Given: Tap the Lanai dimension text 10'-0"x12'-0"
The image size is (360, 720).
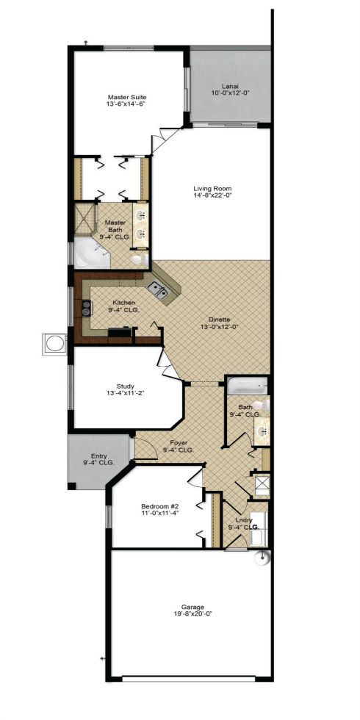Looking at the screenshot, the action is pos(230,93).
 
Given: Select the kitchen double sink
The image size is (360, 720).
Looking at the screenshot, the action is pos(157,290).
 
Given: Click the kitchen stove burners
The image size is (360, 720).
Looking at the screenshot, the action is pos(86,309).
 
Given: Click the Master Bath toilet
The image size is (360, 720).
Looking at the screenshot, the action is pos(140,260).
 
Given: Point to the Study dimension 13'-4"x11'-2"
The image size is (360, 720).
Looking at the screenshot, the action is pos(126,393).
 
